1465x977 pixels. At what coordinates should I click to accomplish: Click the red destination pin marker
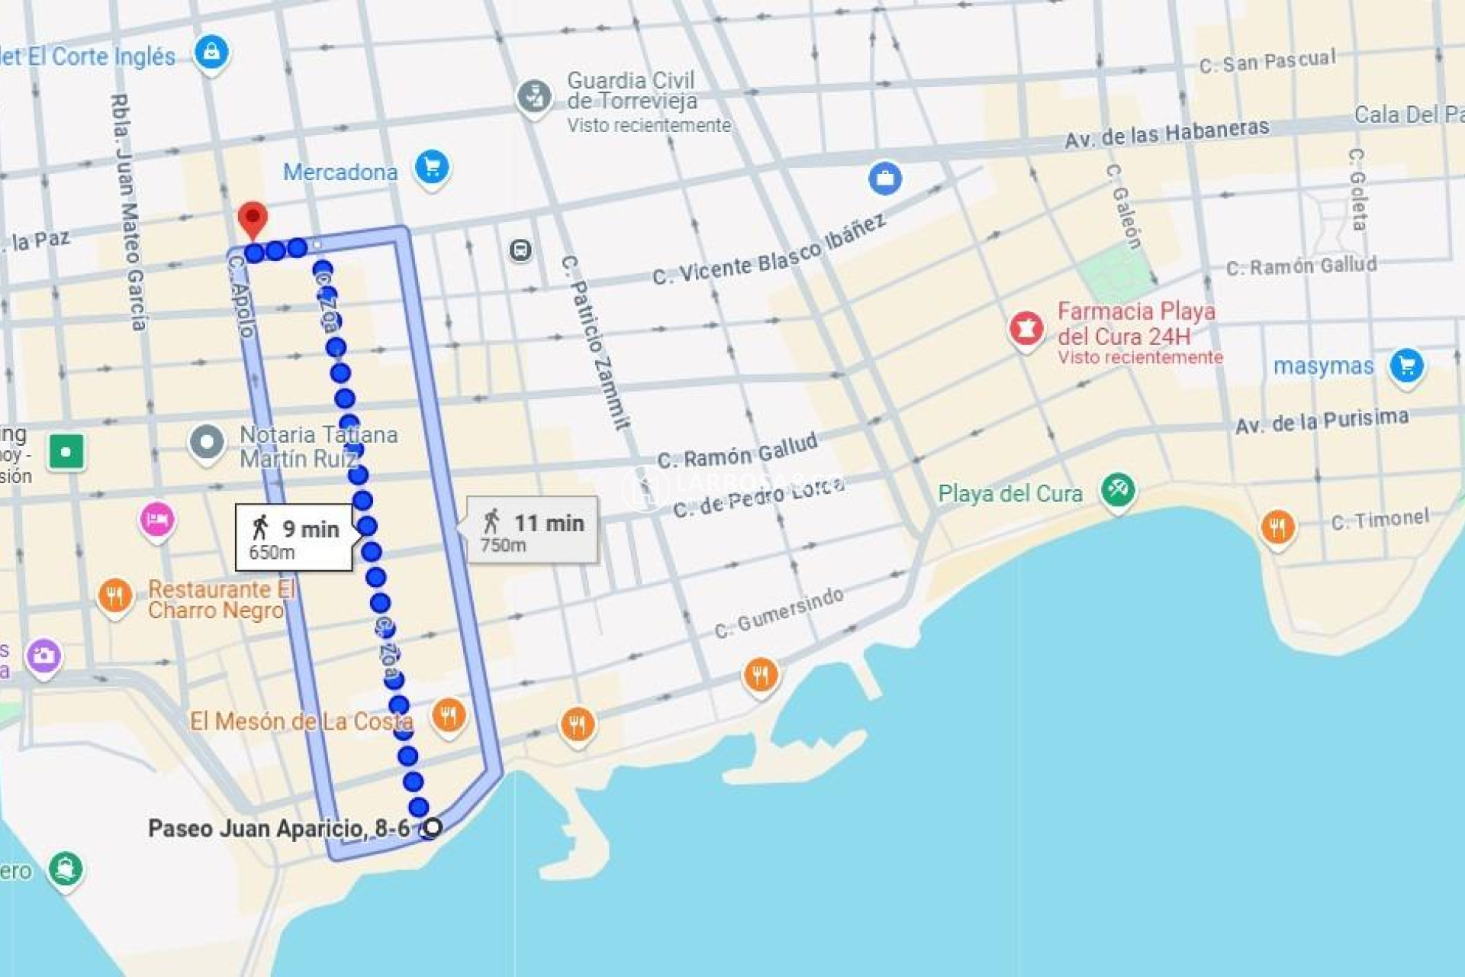click(253, 219)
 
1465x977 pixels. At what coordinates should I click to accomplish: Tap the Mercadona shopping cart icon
click(432, 167)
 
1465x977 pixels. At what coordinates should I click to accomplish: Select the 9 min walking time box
click(295, 537)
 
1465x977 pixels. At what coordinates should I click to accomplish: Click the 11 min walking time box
click(533, 530)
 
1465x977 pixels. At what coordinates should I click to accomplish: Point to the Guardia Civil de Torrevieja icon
click(534, 98)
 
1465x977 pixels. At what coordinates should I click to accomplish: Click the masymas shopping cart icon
click(1406, 366)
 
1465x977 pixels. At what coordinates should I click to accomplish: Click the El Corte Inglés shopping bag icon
click(211, 53)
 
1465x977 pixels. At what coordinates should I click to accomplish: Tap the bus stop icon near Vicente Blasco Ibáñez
click(520, 250)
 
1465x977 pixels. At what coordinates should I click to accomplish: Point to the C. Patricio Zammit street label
click(595, 343)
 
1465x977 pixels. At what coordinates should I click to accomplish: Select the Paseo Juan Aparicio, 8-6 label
click(279, 828)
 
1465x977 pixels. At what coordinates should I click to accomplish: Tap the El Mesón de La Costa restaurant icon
click(449, 716)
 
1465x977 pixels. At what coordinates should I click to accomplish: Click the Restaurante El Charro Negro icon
click(115, 595)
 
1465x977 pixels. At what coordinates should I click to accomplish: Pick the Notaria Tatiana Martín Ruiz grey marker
click(207, 443)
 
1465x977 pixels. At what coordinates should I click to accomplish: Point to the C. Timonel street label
click(1380, 521)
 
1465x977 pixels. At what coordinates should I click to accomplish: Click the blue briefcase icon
click(885, 179)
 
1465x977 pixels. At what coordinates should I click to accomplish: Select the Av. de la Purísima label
click(1322, 421)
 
